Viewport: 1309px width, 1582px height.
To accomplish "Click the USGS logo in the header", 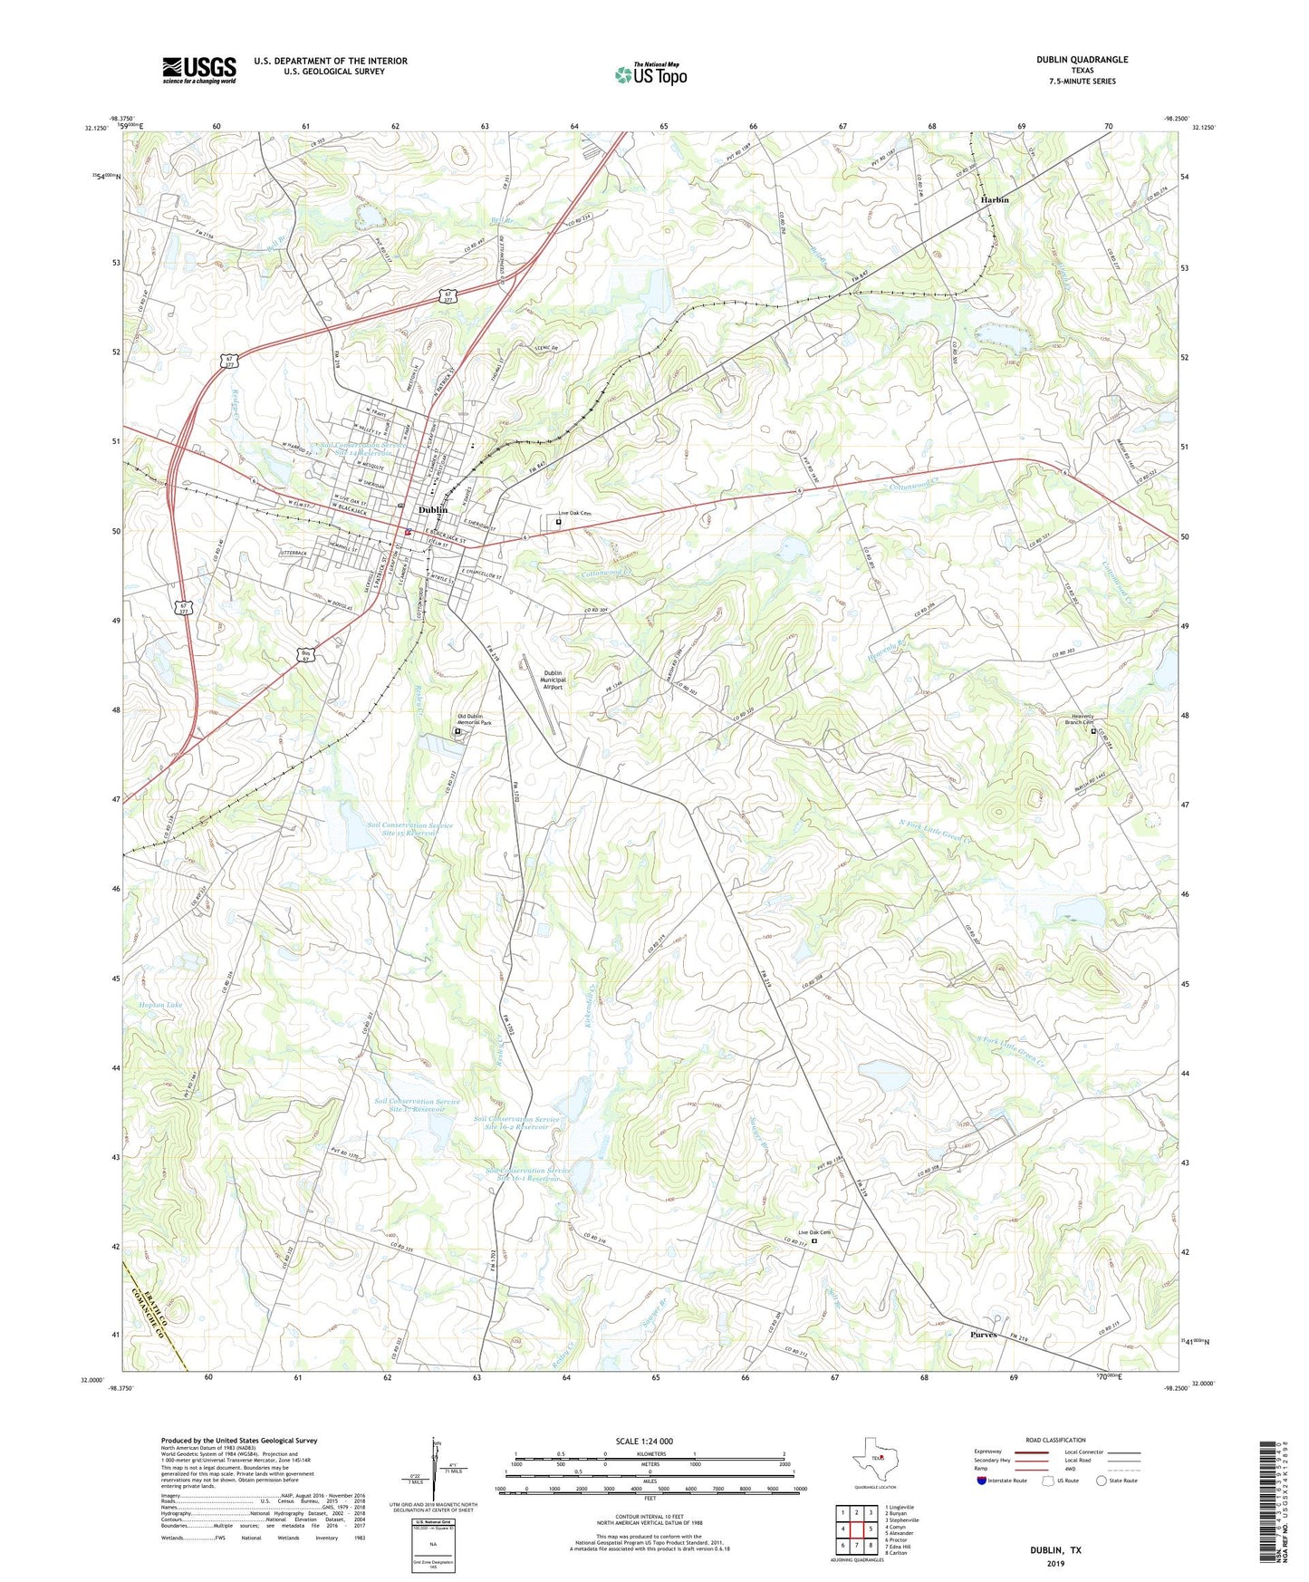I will (x=199, y=70).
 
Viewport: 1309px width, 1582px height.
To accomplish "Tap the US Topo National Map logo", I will (x=650, y=74).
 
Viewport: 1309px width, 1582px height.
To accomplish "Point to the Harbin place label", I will (x=994, y=199).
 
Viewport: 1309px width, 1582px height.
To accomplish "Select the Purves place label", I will (x=983, y=1335).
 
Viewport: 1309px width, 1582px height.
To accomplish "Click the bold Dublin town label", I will (x=433, y=510).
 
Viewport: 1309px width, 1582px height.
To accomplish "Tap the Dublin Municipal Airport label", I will (x=553, y=680).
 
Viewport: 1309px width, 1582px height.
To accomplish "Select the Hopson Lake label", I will (x=160, y=1005).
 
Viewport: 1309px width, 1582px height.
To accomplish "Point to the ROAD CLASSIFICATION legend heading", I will (x=1055, y=1440).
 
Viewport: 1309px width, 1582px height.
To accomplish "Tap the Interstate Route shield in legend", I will (x=982, y=1481).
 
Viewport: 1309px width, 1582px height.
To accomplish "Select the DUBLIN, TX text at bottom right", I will (x=1054, y=1550).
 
